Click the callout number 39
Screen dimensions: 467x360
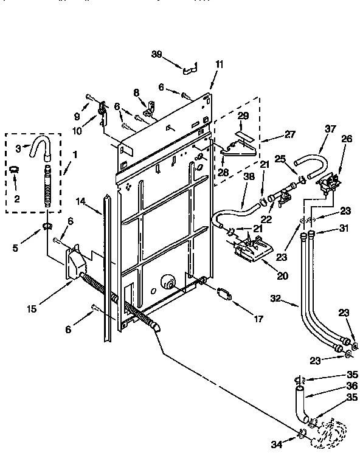157,54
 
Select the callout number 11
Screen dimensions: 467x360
219,64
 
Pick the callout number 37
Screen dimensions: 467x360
330,129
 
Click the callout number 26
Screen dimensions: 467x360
347,139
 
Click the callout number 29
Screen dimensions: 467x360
243,115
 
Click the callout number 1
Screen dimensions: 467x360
74,155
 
